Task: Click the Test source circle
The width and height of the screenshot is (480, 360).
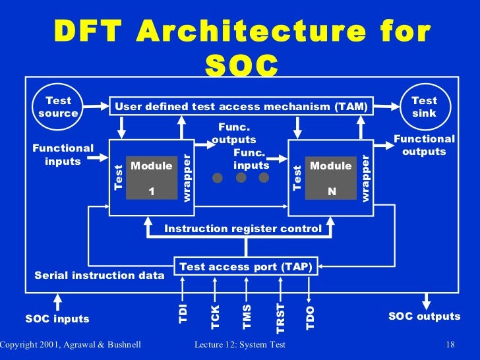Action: (58, 107)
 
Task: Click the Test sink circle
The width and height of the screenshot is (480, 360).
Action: (424, 107)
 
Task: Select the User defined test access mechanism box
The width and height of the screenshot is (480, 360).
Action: (242, 106)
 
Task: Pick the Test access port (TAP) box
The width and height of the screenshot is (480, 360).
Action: (245, 267)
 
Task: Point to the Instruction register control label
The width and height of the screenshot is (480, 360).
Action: (243, 229)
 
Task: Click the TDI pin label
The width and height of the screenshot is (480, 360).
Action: (183, 313)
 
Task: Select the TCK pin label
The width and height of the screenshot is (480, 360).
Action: (215, 316)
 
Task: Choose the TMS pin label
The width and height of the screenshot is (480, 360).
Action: (247, 316)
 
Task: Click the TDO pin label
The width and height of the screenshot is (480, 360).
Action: (311, 316)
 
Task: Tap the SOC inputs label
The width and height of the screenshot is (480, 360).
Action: (57, 319)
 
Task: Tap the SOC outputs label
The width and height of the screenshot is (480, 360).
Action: (424, 316)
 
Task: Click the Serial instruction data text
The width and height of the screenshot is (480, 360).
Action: (99, 275)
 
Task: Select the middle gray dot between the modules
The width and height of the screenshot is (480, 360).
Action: (241, 178)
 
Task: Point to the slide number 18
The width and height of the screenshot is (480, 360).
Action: (451, 345)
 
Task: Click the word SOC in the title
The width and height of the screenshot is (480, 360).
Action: (242, 64)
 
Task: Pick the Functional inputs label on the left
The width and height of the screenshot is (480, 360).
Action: (63, 154)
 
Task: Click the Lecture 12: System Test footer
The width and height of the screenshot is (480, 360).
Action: (241, 345)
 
